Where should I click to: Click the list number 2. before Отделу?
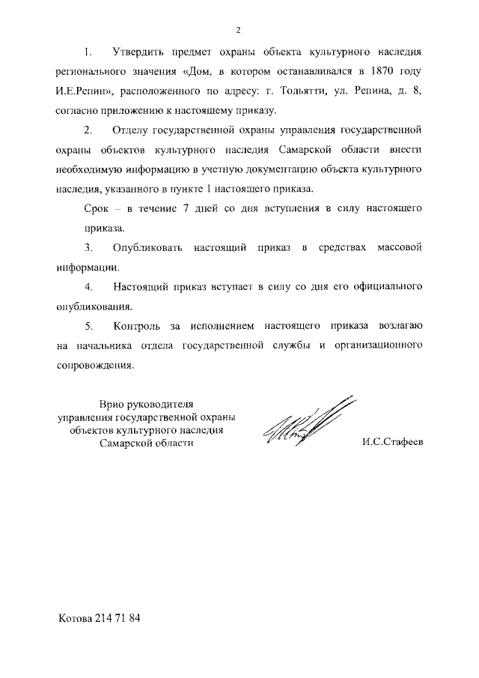(88, 130)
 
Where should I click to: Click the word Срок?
(97, 208)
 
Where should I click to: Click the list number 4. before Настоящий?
(88, 287)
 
